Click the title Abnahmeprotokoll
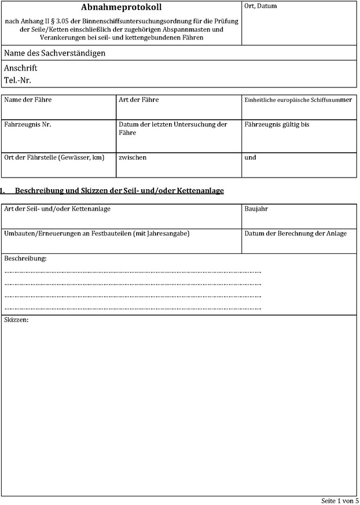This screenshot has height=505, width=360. pyautogui.click(x=122, y=8)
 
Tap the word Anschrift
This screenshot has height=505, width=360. pyautogui.click(x=21, y=68)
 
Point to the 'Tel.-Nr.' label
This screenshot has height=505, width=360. pyautogui.click(x=18, y=79)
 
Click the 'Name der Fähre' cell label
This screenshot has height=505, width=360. pyautogui.click(x=28, y=100)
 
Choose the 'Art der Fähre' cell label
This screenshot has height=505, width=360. pyautogui.click(x=138, y=100)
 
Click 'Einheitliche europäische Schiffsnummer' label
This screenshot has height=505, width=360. pyautogui.click(x=298, y=100)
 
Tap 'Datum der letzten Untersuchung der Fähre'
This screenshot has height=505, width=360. pyautogui.click(x=172, y=128)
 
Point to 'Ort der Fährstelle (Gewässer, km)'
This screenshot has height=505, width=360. pyautogui.click(x=54, y=157)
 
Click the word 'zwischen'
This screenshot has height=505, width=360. pyautogui.click(x=133, y=157)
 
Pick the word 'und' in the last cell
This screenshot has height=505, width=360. pyautogui.click(x=250, y=157)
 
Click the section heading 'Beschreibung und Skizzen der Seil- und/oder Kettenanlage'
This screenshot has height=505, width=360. pyautogui.click(x=119, y=190)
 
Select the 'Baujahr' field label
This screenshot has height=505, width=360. pyautogui.click(x=256, y=208)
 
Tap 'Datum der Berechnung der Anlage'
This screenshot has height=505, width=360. pyautogui.click(x=295, y=233)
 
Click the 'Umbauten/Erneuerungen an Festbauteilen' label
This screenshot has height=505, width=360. pyautogui.click(x=97, y=233)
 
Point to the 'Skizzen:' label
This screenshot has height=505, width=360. pyautogui.click(x=16, y=320)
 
